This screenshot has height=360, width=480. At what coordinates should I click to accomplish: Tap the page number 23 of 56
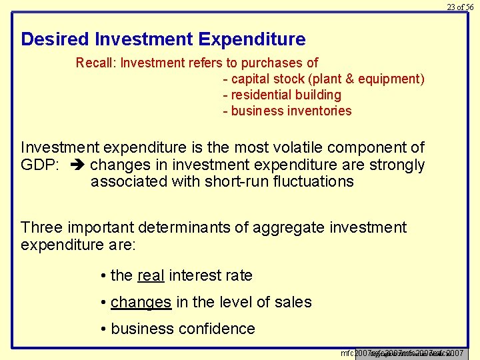pos(460,7)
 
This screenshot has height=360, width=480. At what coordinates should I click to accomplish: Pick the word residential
pos(263,95)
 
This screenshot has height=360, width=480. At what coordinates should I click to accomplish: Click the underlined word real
pos(151,275)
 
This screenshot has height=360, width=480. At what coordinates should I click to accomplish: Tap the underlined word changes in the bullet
pos(141,302)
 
